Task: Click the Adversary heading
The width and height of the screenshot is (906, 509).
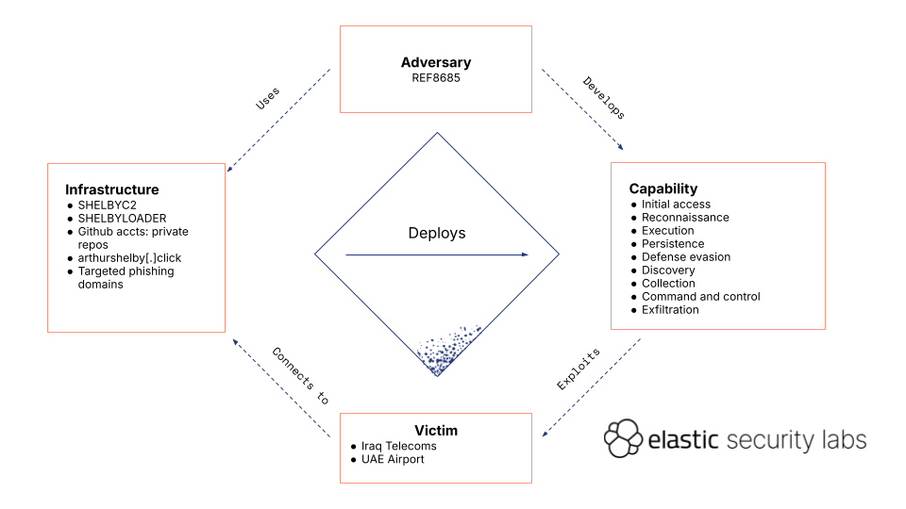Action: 435,63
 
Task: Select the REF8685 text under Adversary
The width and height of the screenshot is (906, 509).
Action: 435,77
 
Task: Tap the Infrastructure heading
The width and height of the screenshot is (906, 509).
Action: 111,190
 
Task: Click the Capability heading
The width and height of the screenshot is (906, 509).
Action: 663,189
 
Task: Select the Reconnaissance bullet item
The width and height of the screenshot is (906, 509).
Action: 685,218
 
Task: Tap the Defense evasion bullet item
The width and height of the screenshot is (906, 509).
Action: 686,257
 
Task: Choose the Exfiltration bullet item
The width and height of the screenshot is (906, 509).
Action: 670,310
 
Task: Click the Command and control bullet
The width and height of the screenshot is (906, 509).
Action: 700,297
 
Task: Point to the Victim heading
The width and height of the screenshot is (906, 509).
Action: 435,431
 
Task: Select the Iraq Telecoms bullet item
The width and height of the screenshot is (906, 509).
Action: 398,446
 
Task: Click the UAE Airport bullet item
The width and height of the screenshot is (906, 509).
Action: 393,459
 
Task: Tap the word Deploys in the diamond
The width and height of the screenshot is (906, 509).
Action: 436,233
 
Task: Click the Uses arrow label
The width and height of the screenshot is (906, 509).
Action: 268,99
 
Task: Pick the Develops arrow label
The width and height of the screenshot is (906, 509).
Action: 603,98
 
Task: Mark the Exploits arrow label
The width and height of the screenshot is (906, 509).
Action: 579,369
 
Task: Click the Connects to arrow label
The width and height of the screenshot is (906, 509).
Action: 300,376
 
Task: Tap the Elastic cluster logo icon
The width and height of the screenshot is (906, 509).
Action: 623,438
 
